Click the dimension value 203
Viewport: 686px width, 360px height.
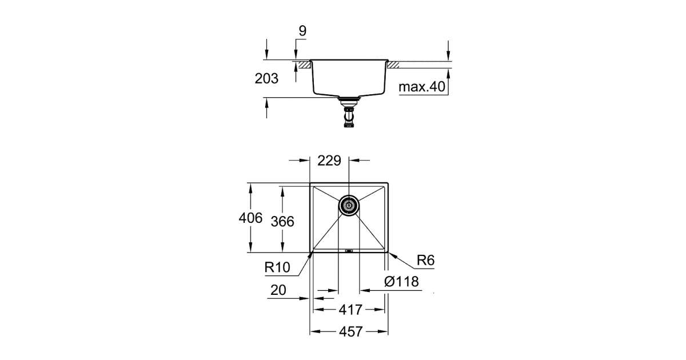point(266,79)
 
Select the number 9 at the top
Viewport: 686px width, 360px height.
point(302,31)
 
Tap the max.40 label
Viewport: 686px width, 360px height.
point(421,87)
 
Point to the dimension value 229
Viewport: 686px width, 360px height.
point(329,161)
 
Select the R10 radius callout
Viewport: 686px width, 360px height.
point(278,267)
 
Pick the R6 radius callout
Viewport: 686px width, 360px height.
point(426,261)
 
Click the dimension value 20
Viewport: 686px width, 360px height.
point(278,290)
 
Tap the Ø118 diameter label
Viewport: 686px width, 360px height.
point(402,282)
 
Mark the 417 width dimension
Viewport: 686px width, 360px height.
point(350,310)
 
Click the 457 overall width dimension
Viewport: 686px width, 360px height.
point(350,331)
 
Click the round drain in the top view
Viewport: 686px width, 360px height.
point(348,205)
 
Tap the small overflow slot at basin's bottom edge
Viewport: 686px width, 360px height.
point(349,250)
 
